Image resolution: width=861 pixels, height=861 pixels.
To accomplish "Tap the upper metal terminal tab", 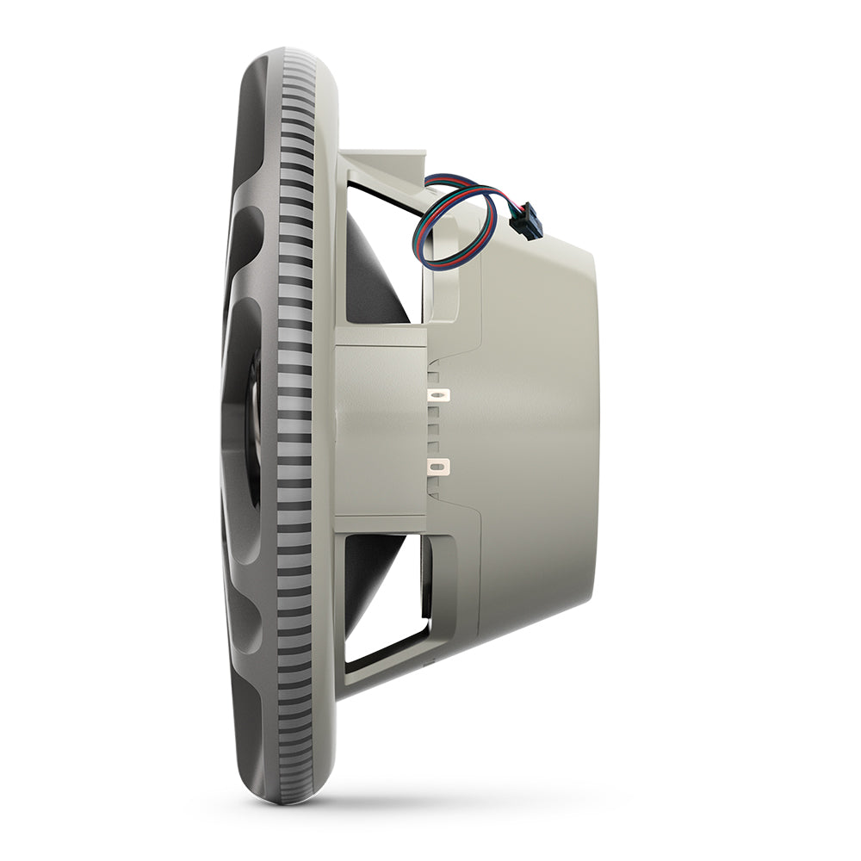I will tap(440, 395).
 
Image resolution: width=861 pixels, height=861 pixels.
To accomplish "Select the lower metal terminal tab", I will tap(440, 468).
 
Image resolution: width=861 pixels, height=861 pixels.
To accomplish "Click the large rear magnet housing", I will tap(534, 430).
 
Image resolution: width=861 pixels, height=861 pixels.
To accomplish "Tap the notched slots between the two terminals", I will tap(436, 430).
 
